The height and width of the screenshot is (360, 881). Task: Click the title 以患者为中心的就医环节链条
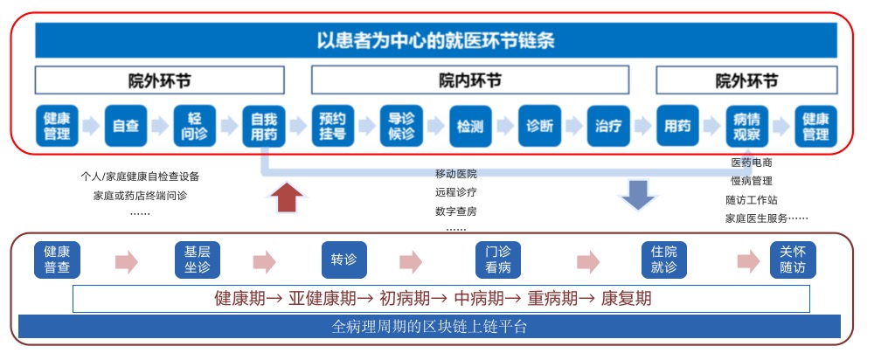436,41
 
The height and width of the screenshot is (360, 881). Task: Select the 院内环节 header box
469,80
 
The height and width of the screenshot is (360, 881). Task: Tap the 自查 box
126,126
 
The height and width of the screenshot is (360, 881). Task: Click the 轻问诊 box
195,126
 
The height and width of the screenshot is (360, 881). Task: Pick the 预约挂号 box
333,126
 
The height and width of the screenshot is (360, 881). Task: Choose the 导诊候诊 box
401,126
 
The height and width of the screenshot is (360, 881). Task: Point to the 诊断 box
539,126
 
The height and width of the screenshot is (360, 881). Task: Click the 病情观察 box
746,126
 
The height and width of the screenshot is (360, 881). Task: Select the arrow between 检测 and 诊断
505,126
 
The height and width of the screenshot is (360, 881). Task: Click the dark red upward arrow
287,197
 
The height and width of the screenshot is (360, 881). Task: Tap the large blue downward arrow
638,195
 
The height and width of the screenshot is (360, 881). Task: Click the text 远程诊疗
455,192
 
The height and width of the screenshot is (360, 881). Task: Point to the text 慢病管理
752,181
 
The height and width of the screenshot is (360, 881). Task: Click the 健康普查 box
57,260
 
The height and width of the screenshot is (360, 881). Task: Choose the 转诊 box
343,260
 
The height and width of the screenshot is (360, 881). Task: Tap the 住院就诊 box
664,260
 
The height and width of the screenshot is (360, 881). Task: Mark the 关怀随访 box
792,260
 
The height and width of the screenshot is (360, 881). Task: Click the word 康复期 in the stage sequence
626,298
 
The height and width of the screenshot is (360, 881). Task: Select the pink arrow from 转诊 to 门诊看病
412,262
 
